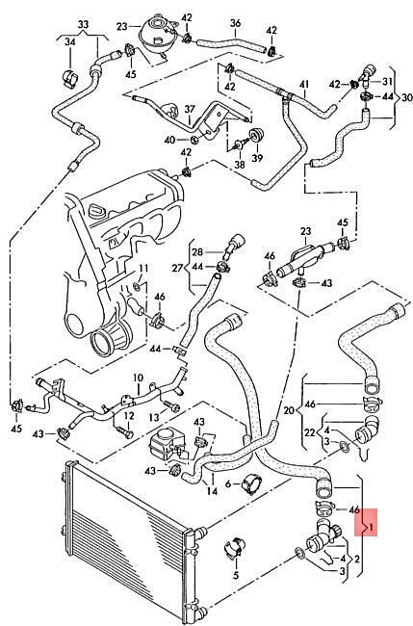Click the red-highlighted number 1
pyautogui.click(x=371, y=528)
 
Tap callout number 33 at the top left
pyautogui.click(x=83, y=25)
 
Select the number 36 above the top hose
pyautogui.click(x=236, y=23)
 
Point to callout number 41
pyautogui.click(x=304, y=85)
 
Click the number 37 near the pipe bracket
pyautogui.click(x=190, y=109)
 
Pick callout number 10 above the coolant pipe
pyautogui.click(x=138, y=378)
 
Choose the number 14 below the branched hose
pyautogui.click(x=213, y=490)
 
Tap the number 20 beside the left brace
pyautogui.click(x=289, y=410)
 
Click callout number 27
pyautogui.click(x=177, y=268)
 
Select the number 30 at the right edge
pyautogui.click(x=406, y=97)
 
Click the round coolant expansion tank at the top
pyautogui.click(x=154, y=32)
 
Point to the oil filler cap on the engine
pyautogui.click(x=97, y=210)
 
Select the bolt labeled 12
pyautogui.click(x=124, y=432)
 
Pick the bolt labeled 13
pyautogui.click(x=171, y=405)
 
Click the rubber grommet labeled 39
pyautogui.click(x=254, y=135)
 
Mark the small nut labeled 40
pyautogui.click(x=194, y=140)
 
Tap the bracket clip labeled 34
pyautogui.click(x=70, y=78)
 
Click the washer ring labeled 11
pyautogui.click(x=137, y=286)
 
